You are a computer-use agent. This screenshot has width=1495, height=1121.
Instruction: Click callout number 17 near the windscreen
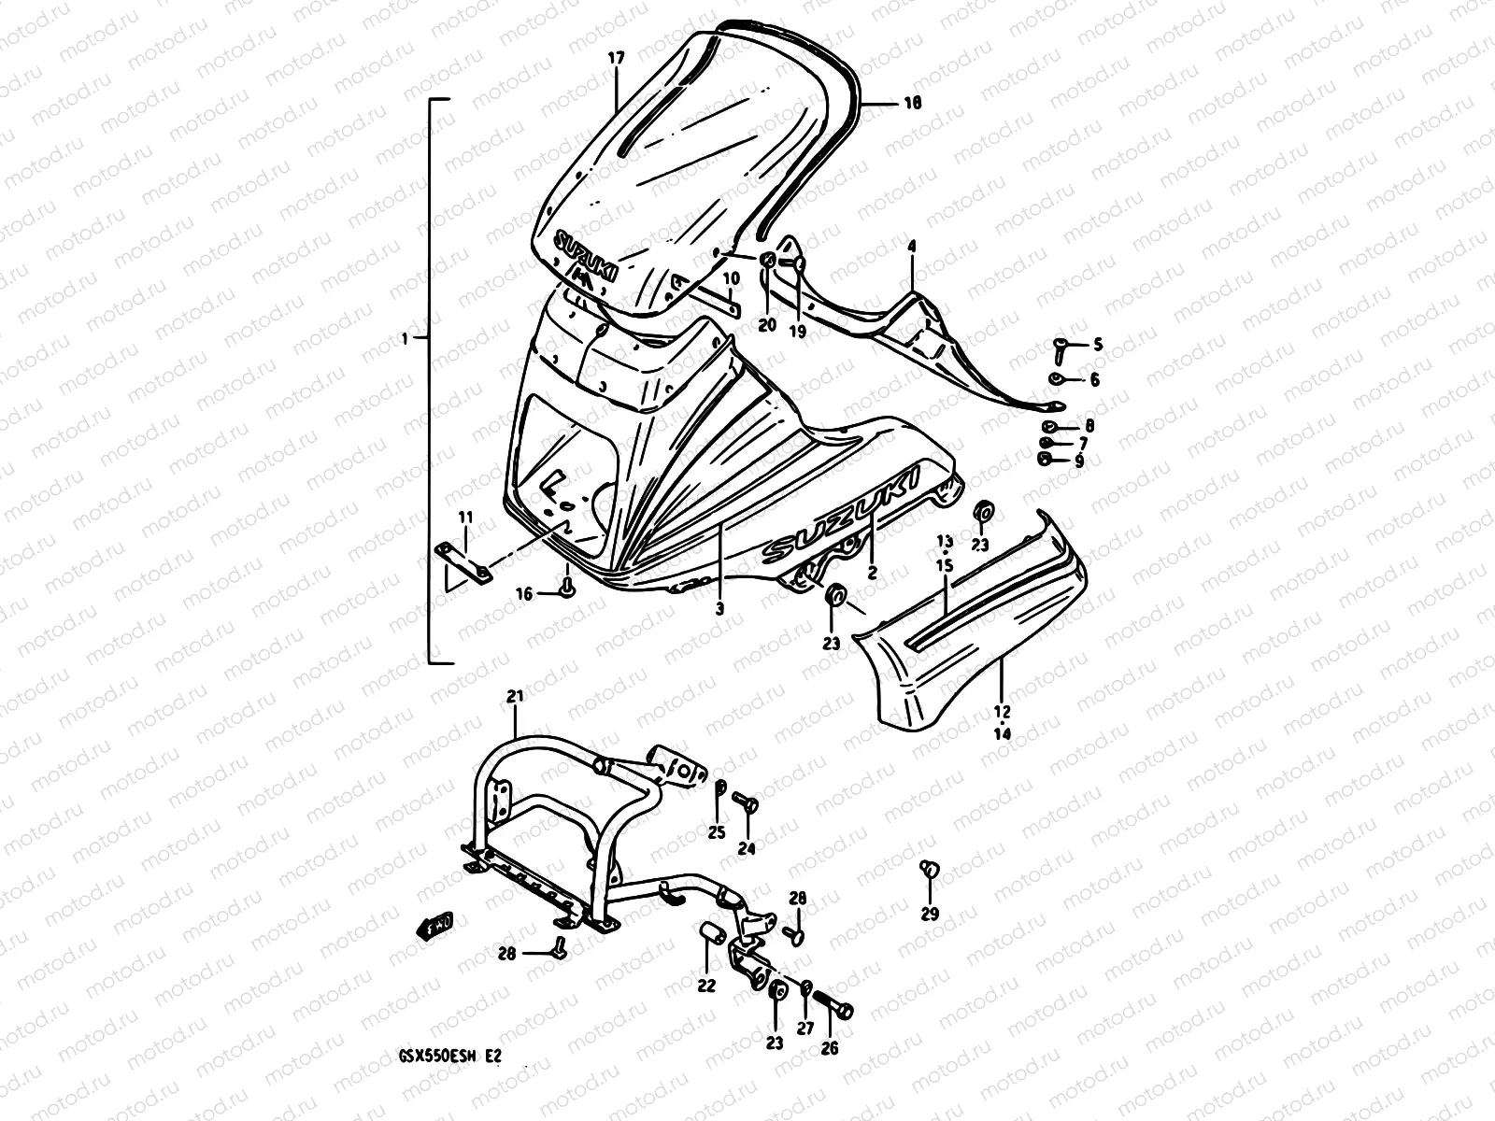(616, 58)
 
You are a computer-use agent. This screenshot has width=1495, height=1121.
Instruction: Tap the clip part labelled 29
(930, 871)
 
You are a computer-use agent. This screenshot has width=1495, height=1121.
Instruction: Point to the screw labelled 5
(1061, 348)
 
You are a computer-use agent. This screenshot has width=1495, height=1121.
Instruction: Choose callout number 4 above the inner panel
(911, 247)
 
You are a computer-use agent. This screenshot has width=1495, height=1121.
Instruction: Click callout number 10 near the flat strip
(731, 278)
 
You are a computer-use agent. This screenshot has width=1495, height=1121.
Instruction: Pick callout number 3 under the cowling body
(719, 609)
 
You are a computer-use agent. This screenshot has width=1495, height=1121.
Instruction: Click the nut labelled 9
(1046, 458)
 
